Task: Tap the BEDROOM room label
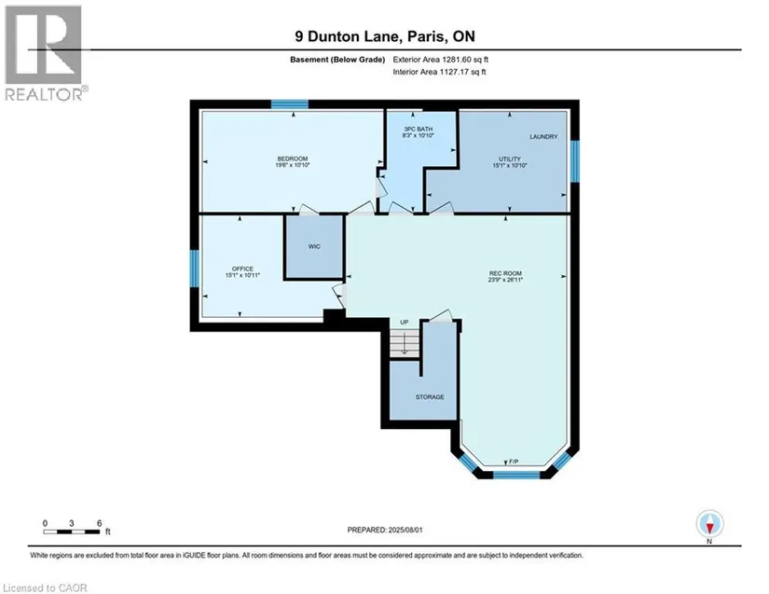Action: [293, 159]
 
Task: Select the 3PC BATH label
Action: [419, 129]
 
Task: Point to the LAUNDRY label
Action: [543, 137]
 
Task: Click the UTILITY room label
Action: [510, 159]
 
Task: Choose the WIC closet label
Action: [314, 246]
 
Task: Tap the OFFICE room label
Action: [242, 269]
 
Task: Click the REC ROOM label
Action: [505, 273]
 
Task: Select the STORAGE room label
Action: [430, 397]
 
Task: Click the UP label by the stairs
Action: [405, 323]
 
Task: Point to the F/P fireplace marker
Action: [514, 462]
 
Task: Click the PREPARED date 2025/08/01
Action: [384, 530]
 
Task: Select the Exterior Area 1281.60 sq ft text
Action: [440, 60]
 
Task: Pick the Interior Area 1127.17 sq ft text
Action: [439, 72]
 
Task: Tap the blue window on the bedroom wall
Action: [289, 104]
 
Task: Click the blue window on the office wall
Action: [194, 269]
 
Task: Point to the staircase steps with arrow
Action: [405, 343]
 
